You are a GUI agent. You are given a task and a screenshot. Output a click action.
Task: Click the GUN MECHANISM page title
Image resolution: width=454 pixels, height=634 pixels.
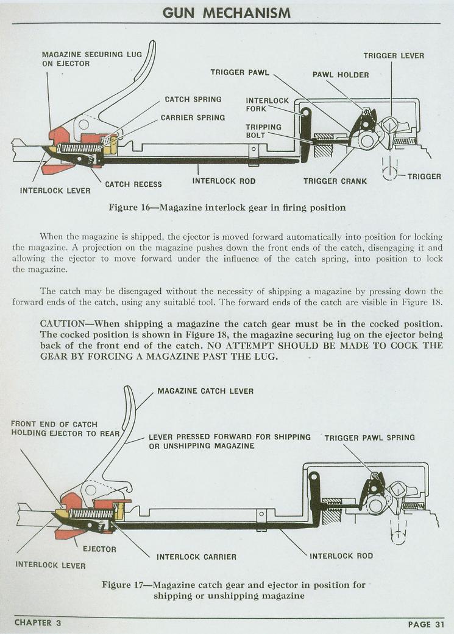pyautogui.click(x=227, y=12)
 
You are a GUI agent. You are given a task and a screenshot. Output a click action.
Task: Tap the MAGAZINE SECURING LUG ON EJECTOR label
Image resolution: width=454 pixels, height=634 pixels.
pyautogui.click(x=91, y=59)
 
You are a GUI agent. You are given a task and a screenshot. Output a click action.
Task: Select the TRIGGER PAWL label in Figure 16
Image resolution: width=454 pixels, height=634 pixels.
pyautogui.click(x=239, y=72)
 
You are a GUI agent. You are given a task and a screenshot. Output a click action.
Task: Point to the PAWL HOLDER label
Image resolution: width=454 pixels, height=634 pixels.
pyautogui.click(x=341, y=75)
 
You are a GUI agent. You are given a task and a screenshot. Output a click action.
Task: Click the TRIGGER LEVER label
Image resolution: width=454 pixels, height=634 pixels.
pyautogui.click(x=394, y=56)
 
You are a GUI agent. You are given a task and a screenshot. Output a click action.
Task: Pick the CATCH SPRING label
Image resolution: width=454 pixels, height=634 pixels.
pyautogui.click(x=193, y=99)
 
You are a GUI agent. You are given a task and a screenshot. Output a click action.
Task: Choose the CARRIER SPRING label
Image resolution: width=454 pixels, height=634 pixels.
pyautogui.click(x=193, y=117)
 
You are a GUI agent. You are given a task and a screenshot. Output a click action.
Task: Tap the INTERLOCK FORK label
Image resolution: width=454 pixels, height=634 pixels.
pyautogui.click(x=267, y=105)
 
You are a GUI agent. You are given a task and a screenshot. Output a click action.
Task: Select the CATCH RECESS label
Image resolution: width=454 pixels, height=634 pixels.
pyautogui.click(x=133, y=184)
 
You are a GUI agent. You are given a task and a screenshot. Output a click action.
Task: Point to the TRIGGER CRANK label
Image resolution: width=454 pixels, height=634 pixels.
pyautogui.click(x=335, y=181)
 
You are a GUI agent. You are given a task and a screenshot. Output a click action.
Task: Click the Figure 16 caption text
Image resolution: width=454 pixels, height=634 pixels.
pyautogui.click(x=227, y=207)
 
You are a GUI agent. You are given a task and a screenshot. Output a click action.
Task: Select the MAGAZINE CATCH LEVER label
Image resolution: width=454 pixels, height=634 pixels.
pyautogui.click(x=205, y=391)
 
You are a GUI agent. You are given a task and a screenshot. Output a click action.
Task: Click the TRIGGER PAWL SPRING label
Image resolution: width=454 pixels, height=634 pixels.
pyautogui.click(x=369, y=437)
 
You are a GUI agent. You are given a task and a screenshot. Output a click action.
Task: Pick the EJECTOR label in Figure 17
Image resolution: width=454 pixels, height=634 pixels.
pyautogui.click(x=99, y=549)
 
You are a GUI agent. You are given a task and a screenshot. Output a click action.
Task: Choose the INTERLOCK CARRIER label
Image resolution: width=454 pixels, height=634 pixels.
pyautogui.click(x=196, y=557)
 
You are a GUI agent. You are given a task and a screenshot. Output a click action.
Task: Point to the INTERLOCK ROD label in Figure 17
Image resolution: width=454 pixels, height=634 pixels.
pyautogui.click(x=341, y=556)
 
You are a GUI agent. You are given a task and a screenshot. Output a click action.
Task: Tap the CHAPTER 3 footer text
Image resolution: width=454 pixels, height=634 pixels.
pyautogui.click(x=38, y=623)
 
